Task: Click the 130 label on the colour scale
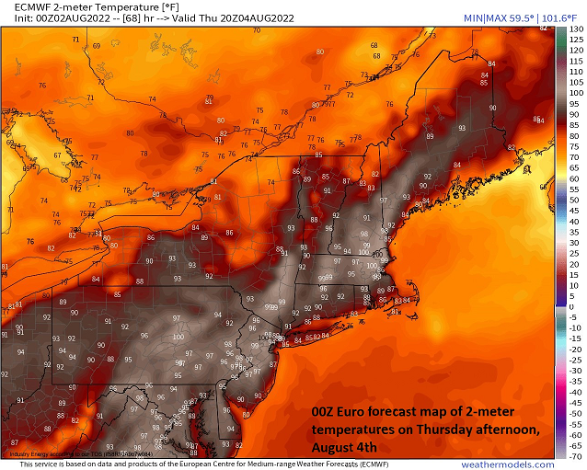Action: pyautogui.click(x=576, y=29)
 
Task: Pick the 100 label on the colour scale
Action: pyautogui.click(x=576, y=94)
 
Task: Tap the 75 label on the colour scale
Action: pyautogui.click(x=576, y=148)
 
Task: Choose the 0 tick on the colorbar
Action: pyautogui.click(x=574, y=307)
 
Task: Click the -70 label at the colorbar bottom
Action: pyautogui.click(x=576, y=459)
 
